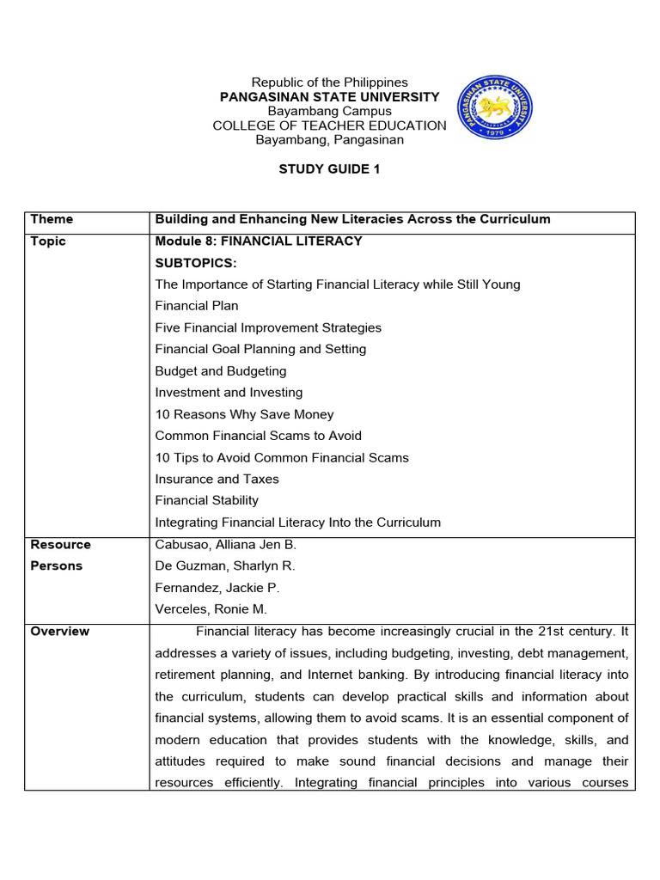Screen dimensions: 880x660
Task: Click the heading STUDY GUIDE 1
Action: pyautogui.click(x=329, y=169)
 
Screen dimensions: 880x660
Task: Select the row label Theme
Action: pyautogui.click(x=52, y=219)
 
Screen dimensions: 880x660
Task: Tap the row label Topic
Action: pyautogui.click(x=48, y=241)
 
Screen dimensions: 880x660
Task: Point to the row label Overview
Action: pyautogui.click(x=59, y=632)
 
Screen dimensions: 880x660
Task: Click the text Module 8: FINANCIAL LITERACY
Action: pyautogui.click(x=259, y=241)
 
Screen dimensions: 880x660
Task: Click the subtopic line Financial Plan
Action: pyautogui.click(x=197, y=306)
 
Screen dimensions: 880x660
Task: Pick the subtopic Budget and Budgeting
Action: pyautogui.click(x=221, y=371)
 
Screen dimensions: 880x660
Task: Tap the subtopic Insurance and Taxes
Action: pyautogui.click(x=217, y=480)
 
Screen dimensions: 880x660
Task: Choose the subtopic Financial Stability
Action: pyautogui.click(x=206, y=501)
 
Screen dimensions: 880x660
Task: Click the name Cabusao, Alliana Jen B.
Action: pyautogui.click(x=225, y=545)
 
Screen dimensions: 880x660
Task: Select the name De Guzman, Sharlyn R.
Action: pyautogui.click(x=226, y=566)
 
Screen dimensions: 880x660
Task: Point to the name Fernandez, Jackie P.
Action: pyautogui.click(x=217, y=588)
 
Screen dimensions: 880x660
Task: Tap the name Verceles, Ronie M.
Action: pyautogui.click(x=211, y=609)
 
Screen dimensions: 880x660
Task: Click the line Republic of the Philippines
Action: pyautogui.click(x=329, y=82)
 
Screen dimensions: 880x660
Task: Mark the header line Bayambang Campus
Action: pyautogui.click(x=329, y=111)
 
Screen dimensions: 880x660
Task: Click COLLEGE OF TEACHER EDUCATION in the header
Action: pyautogui.click(x=329, y=125)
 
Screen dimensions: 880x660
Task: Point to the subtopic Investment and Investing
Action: pyautogui.click(x=229, y=393)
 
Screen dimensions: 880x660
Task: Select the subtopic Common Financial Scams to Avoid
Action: pyautogui.click(x=259, y=436)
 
